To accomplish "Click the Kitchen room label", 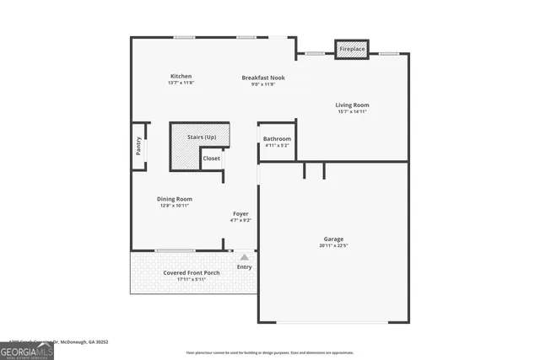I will click(x=181, y=76).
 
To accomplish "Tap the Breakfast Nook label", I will click(x=263, y=78).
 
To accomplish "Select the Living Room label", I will click(x=354, y=105).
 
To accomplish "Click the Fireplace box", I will click(x=352, y=50).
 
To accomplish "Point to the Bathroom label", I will click(x=277, y=138).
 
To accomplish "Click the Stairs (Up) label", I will click(x=202, y=137).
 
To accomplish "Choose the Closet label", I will click(x=211, y=159).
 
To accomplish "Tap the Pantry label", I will click(x=138, y=147).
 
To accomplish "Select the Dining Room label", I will click(x=175, y=199).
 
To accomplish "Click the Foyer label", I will click(x=240, y=214).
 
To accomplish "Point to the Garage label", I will click(x=333, y=239).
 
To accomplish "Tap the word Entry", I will click(x=244, y=267).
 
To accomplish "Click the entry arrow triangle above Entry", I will click(x=244, y=257).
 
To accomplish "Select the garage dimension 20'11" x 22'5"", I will click(x=333, y=245).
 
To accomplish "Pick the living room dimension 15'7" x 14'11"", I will click(x=354, y=112).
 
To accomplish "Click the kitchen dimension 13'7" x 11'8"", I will click(x=181, y=83).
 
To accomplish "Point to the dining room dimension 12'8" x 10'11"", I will click(x=175, y=206).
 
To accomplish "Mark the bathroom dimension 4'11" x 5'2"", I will click(x=277, y=145).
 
